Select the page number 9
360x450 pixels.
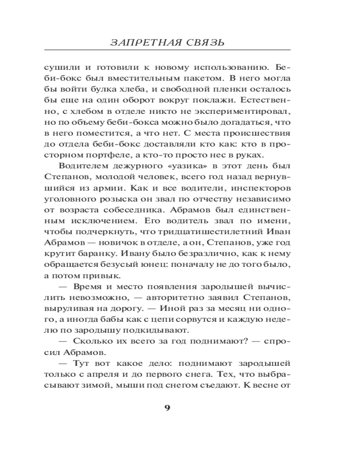pos(167,408)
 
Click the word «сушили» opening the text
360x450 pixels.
pos(60,68)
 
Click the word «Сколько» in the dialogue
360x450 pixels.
pos(89,341)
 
